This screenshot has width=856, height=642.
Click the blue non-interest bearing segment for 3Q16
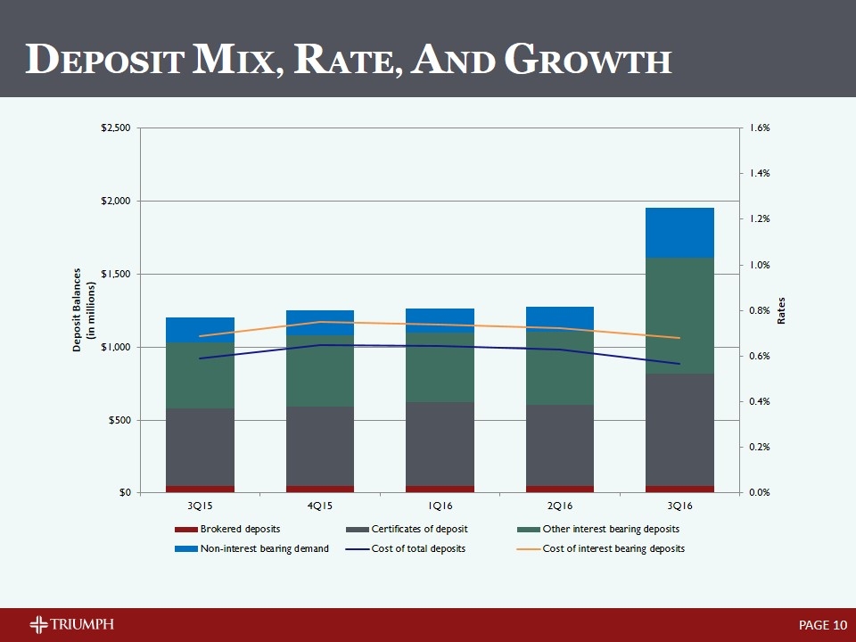click(x=679, y=233)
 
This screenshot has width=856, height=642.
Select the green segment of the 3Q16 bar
click(x=679, y=316)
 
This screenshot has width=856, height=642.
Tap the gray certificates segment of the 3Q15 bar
click(x=200, y=447)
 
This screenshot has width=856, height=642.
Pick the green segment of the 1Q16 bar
click(x=440, y=367)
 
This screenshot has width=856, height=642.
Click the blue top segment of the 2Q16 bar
click(x=560, y=317)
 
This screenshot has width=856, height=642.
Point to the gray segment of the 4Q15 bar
click(x=320, y=446)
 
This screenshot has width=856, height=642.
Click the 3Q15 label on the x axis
click(x=200, y=506)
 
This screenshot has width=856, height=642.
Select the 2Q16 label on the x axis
click(x=560, y=506)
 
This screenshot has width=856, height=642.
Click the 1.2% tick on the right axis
click(x=760, y=218)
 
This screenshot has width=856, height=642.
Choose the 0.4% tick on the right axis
click(x=760, y=401)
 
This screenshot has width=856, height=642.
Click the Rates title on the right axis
click(x=782, y=310)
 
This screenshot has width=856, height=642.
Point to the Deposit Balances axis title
click(x=82, y=310)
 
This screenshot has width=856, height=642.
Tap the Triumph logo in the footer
click(x=71, y=623)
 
